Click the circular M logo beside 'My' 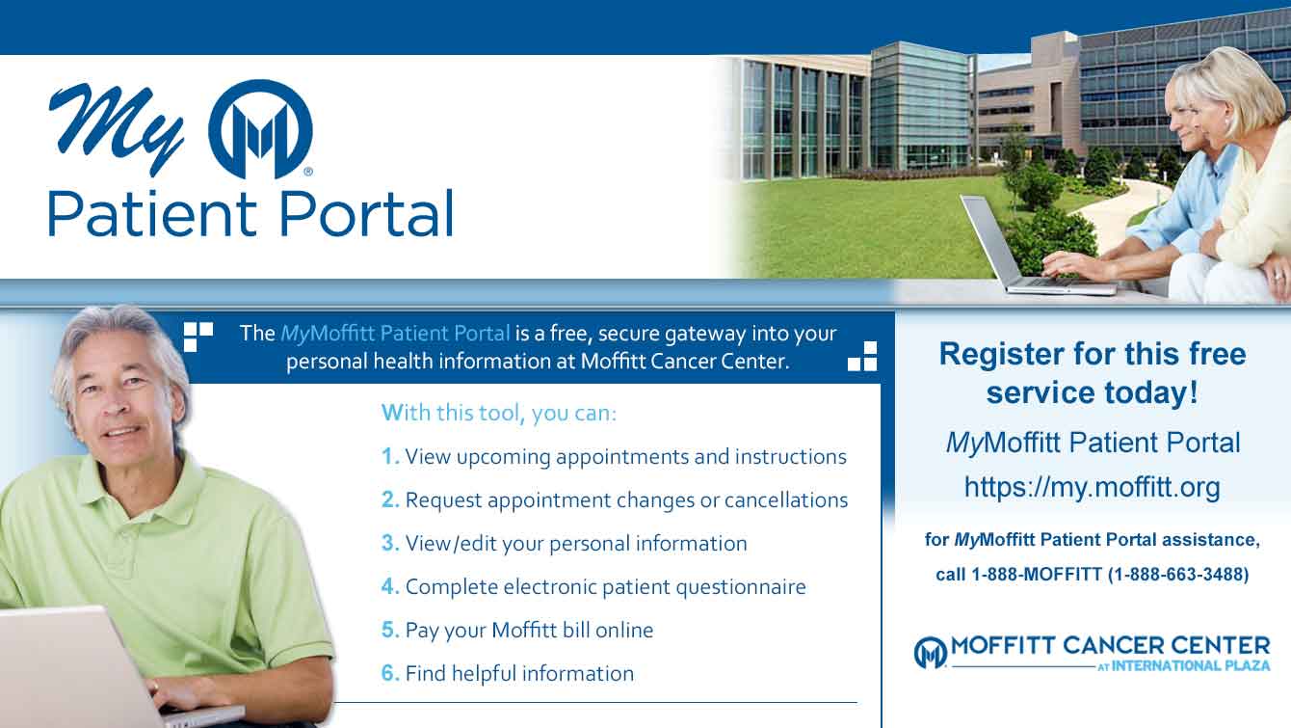(x=260, y=129)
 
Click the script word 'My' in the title (x=117, y=128)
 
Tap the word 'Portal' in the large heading (x=366, y=214)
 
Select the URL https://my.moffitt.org (x=1093, y=488)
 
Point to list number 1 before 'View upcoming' (x=389, y=456)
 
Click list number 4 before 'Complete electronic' (x=390, y=586)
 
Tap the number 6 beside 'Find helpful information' (x=390, y=673)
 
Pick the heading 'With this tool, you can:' (x=499, y=413)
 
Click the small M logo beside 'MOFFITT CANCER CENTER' (x=931, y=653)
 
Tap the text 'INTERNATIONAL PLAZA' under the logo (x=1191, y=665)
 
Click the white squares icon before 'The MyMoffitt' (x=198, y=337)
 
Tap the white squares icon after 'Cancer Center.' (x=862, y=356)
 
